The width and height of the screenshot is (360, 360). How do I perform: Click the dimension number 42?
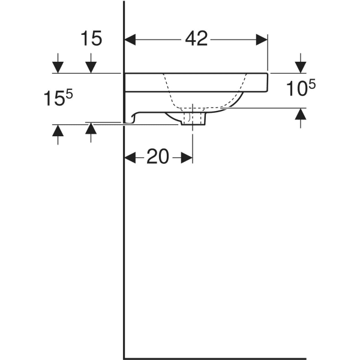tap(196, 39)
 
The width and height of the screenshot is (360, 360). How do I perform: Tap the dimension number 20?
tap(157, 157)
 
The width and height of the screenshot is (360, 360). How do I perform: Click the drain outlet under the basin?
tap(192, 120)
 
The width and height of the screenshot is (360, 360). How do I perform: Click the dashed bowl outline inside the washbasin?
tap(174, 96)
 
